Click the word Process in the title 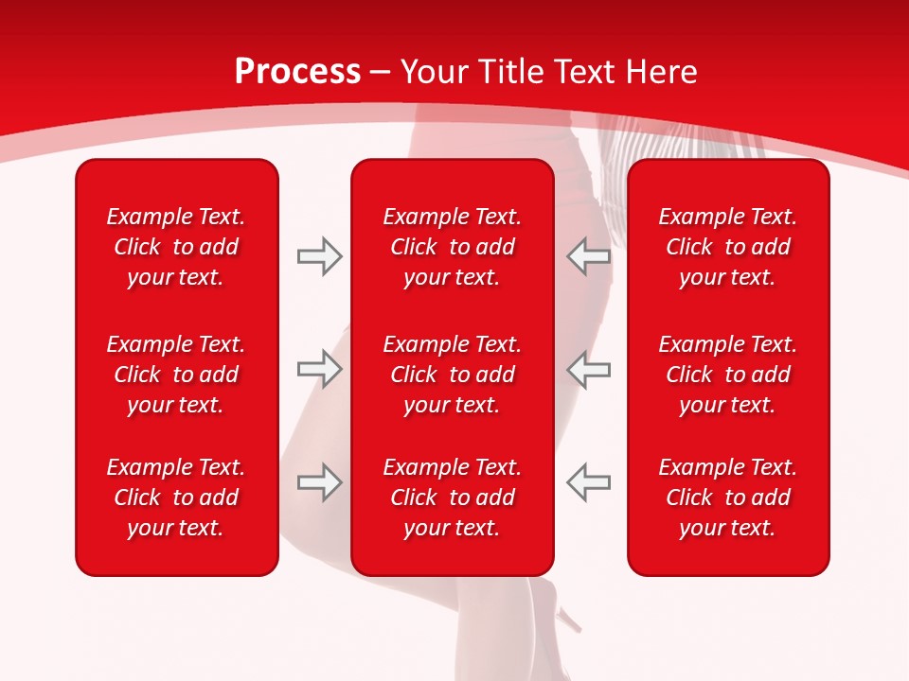coord(297,72)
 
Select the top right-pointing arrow coord(319,256)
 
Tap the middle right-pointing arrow coord(319,369)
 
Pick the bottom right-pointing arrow coord(319,482)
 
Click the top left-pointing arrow coord(589,256)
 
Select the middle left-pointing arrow coord(589,369)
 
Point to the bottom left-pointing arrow coord(589,482)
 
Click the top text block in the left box coord(176,247)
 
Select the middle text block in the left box coord(176,375)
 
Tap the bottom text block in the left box coord(176,498)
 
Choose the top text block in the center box coord(452,247)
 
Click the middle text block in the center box coord(452,375)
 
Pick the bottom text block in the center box coord(452,498)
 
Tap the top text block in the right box coord(727,247)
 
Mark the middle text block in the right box coord(727,375)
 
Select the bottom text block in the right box coord(727,498)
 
